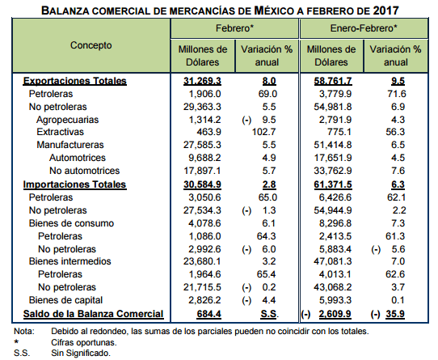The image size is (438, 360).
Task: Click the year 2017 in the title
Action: [385, 11]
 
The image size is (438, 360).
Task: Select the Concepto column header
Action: [91, 45]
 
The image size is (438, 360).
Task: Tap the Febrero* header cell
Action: [234, 28]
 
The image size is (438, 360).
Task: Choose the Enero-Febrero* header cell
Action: [364, 28]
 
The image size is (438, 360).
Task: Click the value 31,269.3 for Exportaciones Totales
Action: [202, 81]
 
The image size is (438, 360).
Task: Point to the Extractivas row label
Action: [60, 132]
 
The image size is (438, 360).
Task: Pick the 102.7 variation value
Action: [264, 132]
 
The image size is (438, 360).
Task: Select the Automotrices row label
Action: [78, 158]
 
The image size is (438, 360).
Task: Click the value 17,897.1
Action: [202, 171]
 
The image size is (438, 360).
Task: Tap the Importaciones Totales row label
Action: [74, 184]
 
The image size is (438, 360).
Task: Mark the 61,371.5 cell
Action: [333, 184]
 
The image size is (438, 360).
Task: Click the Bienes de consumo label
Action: [71, 223]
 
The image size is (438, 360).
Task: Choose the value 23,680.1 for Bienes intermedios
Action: [202, 261]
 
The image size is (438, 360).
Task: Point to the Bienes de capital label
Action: [65, 300]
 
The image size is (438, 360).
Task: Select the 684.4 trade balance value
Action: [209, 314]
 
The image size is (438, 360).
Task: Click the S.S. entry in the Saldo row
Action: [269, 314]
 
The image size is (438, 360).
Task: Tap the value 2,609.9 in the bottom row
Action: [335, 314]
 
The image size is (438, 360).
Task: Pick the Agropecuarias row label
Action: [67, 120]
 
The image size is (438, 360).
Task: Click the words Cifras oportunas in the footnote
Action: [84, 342]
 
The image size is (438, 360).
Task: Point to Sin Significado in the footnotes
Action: [81, 353]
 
